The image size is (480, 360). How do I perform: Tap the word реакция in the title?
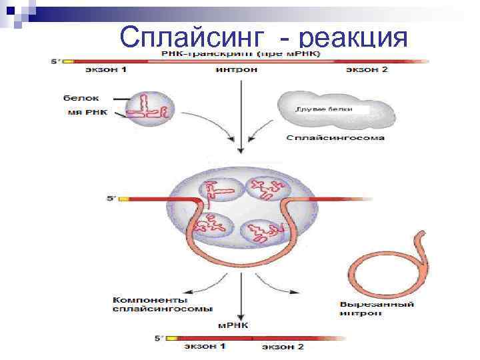pos(353,37)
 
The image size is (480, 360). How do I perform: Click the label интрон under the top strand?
pos(233,69)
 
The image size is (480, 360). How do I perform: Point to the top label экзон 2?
pos(365,69)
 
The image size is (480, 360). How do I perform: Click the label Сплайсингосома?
pos(335,138)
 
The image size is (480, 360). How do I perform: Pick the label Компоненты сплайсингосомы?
pos(149,304)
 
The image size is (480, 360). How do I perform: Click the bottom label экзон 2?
pos(283,347)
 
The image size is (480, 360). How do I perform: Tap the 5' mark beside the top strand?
pos(55,61)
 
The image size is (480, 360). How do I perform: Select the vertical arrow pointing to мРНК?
pos(241,303)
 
